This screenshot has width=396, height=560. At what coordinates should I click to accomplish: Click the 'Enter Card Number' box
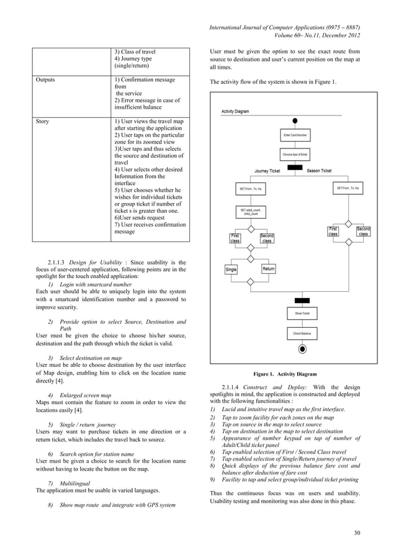(x=295, y=135)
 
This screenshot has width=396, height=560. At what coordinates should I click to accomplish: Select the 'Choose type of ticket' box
(x=295, y=153)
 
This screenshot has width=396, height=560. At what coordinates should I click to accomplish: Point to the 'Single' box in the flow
(x=231, y=269)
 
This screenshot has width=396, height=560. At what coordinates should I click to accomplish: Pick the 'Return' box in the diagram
(x=268, y=269)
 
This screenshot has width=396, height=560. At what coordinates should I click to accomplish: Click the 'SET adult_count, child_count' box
(x=250, y=212)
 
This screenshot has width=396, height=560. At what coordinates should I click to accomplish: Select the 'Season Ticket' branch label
(x=318, y=171)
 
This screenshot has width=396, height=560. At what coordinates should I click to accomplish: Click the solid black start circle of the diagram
(x=296, y=120)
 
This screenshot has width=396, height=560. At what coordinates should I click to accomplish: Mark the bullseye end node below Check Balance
(x=302, y=350)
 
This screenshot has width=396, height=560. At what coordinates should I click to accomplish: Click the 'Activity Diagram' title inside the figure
(x=235, y=112)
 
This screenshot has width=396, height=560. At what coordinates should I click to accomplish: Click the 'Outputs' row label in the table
(x=46, y=80)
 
